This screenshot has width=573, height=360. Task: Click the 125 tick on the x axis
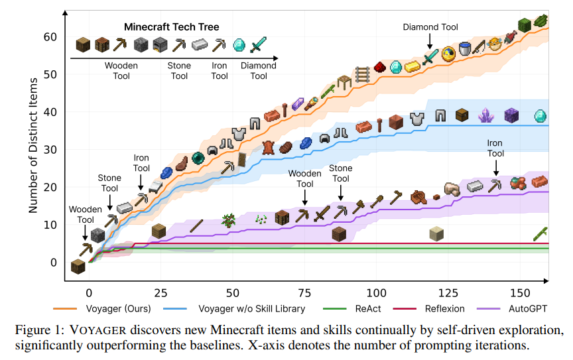pyautogui.click(x=449, y=292)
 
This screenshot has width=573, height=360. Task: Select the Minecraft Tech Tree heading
pyautogui.click(x=171, y=27)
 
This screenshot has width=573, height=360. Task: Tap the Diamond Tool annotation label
pyautogui.click(x=430, y=27)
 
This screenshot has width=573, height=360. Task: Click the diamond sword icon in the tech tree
pyautogui.click(x=259, y=45)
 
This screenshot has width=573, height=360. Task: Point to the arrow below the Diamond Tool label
pyautogui.click(x=430, y=42)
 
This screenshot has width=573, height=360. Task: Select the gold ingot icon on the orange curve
pyautogui.click(x=413, y=66)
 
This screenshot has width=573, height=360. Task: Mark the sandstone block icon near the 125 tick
pyautogui.click(x=436, y=233)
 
